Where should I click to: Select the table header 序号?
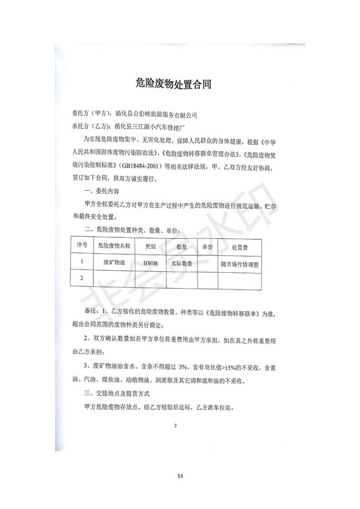[x=82, y=246]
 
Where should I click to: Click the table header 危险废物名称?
[x=114, y=246]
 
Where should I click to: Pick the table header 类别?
[x=150, y=246]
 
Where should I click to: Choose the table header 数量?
[x=181, y=246]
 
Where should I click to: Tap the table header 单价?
[x=206, y=246]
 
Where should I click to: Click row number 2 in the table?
[x=82, y=278]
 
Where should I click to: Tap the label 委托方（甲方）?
[x=90, y=114]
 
